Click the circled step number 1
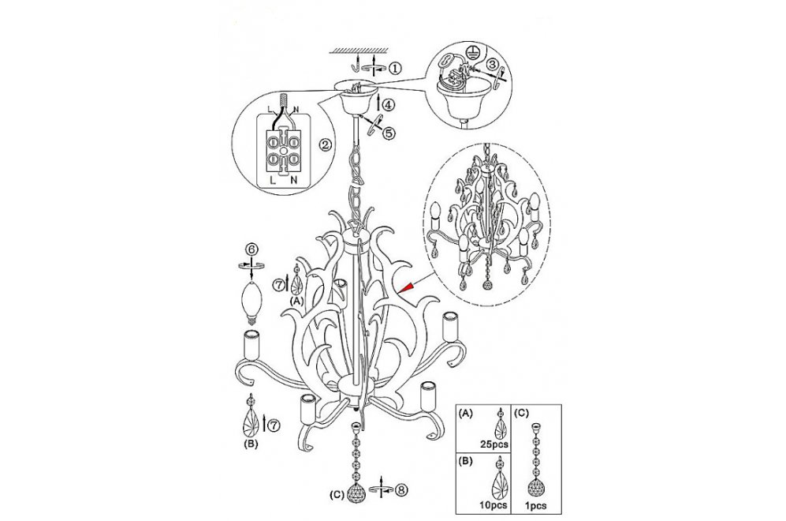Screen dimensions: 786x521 tap(396, 68)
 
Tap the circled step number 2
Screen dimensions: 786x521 tap(326, 145)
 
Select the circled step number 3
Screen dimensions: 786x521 tap(493, 64)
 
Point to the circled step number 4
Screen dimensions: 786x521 tap(389, 105)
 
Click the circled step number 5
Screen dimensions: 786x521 tap(389, 133)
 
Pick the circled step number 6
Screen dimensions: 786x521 tap(252, 249)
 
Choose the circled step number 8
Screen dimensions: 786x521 tap(401, 490)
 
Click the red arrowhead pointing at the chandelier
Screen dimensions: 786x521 tap(408, 287)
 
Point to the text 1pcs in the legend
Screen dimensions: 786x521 tap(536, 506)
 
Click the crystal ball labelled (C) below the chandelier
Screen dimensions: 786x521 tap(356, 494)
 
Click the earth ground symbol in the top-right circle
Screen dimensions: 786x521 tap(470, 50)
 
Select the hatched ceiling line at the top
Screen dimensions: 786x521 tap(359, 51)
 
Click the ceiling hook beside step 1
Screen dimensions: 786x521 tap(356, 66)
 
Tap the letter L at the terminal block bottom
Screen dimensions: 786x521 tap(273, 180)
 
